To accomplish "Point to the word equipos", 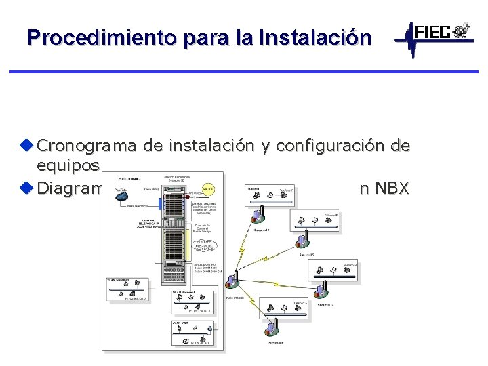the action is (x=68, y=166).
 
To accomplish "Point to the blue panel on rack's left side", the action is (x=161, y=203).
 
